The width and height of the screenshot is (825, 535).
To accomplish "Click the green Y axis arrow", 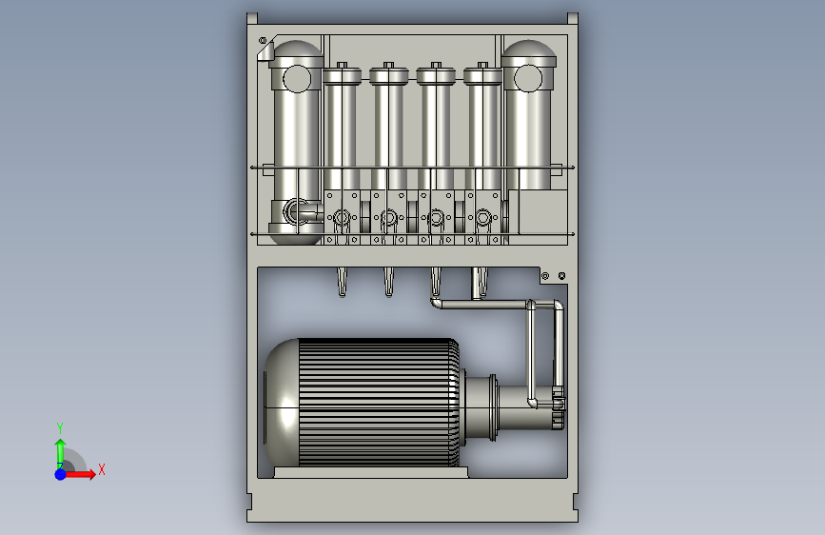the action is (x=60, y=453).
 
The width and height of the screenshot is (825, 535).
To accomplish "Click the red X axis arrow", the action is (x=79, y=474).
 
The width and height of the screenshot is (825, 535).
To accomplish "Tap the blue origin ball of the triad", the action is (x=60, y=474).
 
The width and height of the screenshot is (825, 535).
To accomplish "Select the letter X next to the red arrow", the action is (x=102, y=469).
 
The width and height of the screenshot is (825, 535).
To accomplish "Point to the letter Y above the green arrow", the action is (x=60, y=428).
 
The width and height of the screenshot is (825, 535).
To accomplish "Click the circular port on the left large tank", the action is (x=297, y=79).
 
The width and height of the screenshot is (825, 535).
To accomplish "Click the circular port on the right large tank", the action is (x=528, y=78).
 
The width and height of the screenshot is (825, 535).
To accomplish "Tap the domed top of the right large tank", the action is (x=529, y=52).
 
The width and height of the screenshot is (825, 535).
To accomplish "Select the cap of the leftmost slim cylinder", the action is (x=342, y=74).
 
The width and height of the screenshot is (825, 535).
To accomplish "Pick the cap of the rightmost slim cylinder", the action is (x=482, y=74).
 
